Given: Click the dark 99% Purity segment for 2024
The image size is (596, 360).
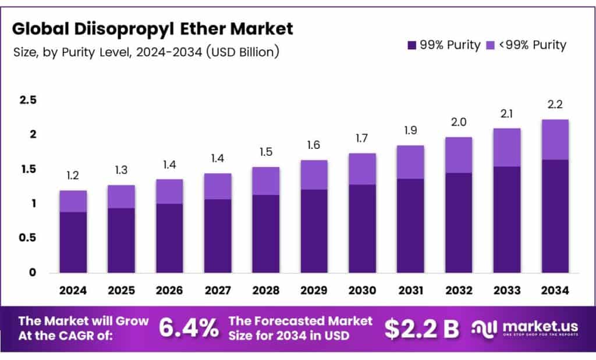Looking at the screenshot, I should click(x=73, y=242).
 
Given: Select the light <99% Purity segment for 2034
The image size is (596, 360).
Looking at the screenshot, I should click(x=555, y=140).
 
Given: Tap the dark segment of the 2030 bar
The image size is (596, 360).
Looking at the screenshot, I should click(x=362, y=229).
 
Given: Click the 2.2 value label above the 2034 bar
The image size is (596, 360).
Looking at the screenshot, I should click(x=555, y=105).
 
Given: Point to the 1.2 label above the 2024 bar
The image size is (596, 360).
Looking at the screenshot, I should click(x=73, y=176).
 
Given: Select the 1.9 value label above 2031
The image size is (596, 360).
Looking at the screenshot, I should click(x=410, y=130).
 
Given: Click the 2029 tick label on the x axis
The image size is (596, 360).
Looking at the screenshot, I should click(x=314, y=289).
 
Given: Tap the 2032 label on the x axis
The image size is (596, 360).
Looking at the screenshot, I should click(x=458, y=289).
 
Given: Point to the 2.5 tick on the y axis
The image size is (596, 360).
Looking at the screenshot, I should click(x=28, y=101).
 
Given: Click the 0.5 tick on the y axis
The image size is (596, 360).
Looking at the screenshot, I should click(x=28, y=238).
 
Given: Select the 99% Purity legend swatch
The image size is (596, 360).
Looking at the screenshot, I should click(x=413, y=45).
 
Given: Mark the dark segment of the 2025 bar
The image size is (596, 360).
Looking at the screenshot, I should click(x=121, y=240).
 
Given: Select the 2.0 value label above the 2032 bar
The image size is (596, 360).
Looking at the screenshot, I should click(x=458, y=122).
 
